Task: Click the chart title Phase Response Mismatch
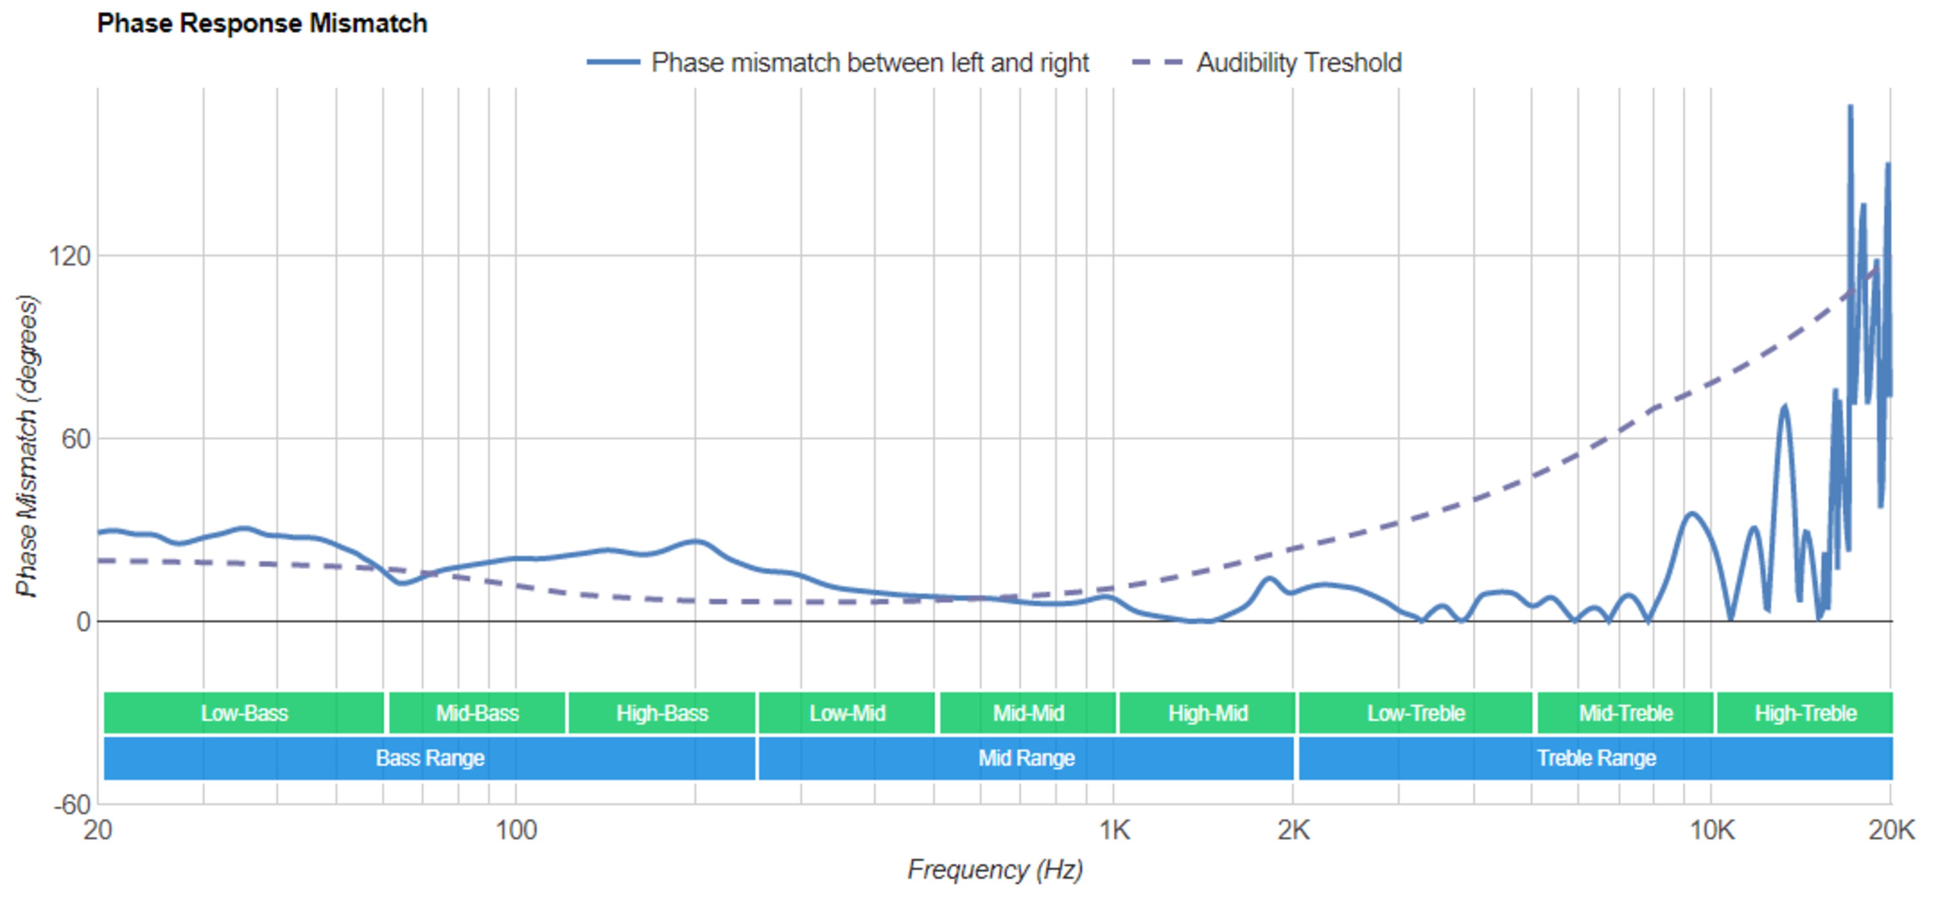point(262,23)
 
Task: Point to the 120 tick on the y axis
point(69,256)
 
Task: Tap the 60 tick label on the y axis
point(76,439)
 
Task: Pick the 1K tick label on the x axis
point(1114,830)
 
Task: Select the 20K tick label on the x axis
point(1891,830)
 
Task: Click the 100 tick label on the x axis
point(516,830)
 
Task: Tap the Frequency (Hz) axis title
point(995,870)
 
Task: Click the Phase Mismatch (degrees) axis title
point(27,446)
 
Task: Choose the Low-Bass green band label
point(244,713)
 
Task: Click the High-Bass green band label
point(662,713)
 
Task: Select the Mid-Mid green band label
point(1028,713)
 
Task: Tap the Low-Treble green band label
point(1416,713)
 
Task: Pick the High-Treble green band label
point(1805,713)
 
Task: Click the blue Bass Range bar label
point(430,758)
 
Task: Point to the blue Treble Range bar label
point(1596,758)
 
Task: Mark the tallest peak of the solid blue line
point(1850,106)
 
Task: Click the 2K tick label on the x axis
point(1293,830)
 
